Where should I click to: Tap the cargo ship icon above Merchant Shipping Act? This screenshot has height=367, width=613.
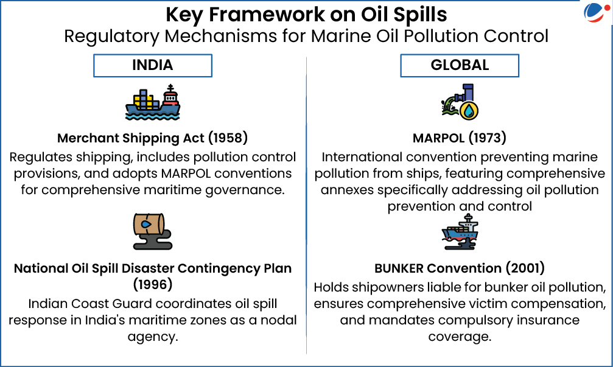point(152,102)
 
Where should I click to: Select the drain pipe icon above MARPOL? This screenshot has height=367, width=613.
point(460,102)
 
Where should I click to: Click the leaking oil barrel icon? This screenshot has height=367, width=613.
point(152,231)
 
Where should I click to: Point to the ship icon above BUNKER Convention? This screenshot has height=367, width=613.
point(460,231)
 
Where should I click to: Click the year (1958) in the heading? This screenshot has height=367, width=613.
point(228,138)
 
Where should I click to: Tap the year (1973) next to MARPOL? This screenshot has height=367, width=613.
point(487,138)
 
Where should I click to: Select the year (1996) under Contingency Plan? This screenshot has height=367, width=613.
point(153,285)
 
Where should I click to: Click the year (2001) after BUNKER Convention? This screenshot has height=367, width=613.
point(525,268)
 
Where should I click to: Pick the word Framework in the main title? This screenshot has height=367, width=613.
point(267,15)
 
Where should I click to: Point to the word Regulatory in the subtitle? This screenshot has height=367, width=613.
point(112,37)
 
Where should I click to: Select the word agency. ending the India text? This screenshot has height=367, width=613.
point(153,337)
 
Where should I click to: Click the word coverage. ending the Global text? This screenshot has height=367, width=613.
point(460,337)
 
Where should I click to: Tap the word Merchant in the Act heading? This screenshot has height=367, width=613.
point(88,138)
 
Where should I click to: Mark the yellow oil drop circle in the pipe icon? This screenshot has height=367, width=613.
point(469,111)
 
